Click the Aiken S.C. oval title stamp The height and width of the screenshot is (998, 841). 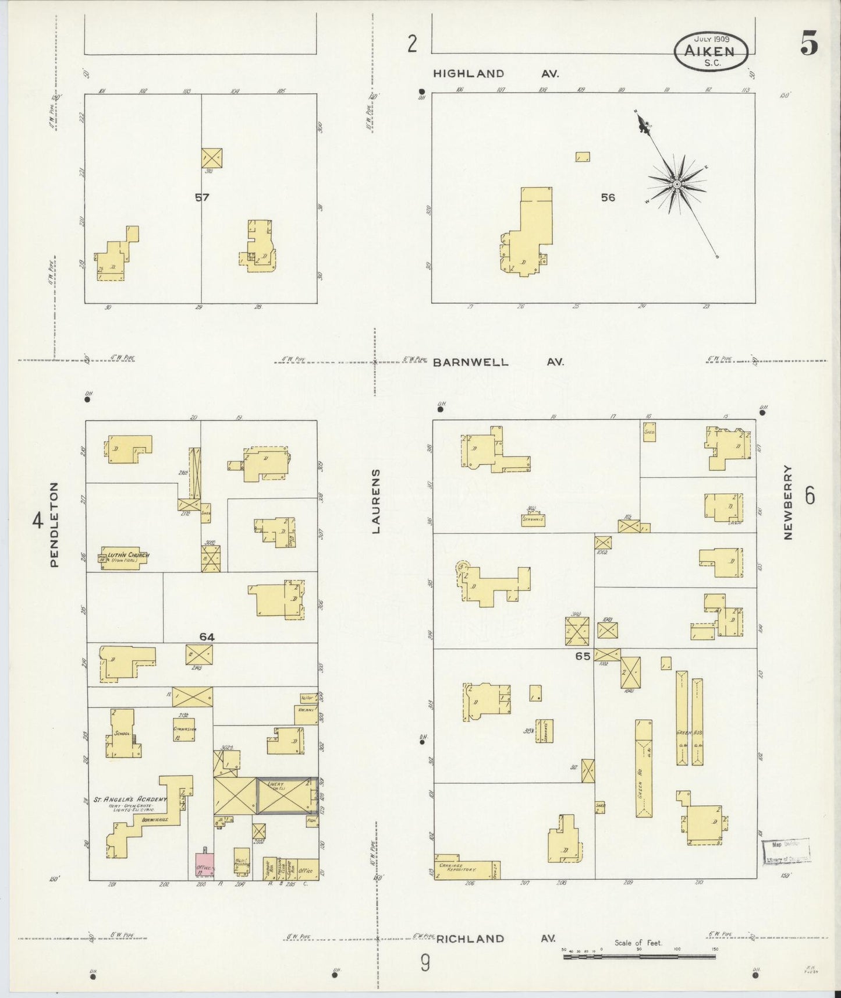(711, 51)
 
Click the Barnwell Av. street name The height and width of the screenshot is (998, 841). (498, 362)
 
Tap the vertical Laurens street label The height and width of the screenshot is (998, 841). (376, 501)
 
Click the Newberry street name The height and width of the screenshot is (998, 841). (789, 502)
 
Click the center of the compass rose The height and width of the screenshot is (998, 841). (677, 185)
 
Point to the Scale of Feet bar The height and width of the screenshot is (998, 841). (640, 955)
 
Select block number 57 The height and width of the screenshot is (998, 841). (202, 197)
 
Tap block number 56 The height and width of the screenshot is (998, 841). (608, 197)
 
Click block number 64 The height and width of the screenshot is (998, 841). (207, 637)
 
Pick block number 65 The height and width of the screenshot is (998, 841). (583, 656)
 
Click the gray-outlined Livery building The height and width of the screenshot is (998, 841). (288, 795)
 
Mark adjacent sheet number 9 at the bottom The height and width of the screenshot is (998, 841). (425, 964)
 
